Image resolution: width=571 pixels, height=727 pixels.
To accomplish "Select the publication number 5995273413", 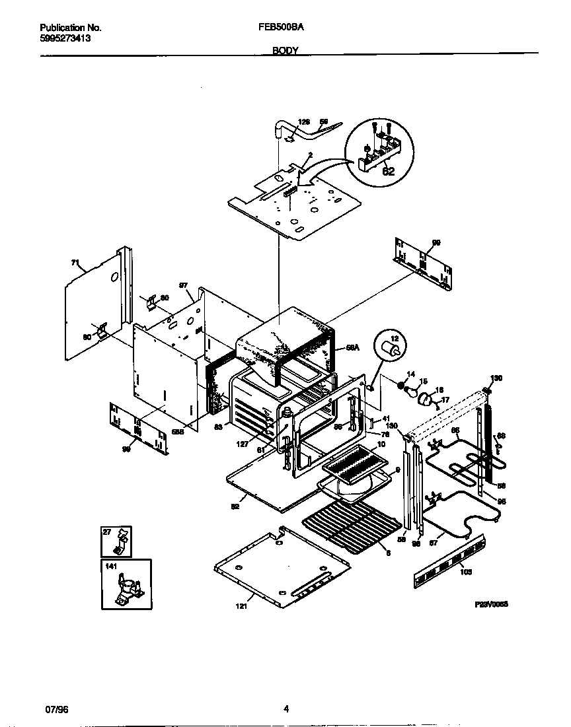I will (65, 38).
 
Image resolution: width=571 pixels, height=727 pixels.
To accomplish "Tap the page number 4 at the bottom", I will (285, 710).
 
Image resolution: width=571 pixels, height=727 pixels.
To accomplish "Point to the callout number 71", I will (75, 263).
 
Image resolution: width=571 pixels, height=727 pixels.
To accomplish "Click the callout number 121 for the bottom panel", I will (241, 606).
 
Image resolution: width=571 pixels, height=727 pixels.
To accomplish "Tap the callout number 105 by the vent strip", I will (466, 572).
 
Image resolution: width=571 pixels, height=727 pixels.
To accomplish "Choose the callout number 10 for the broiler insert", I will (381, 446).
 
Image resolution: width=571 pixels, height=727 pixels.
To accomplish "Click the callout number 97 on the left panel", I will (184, 286).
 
